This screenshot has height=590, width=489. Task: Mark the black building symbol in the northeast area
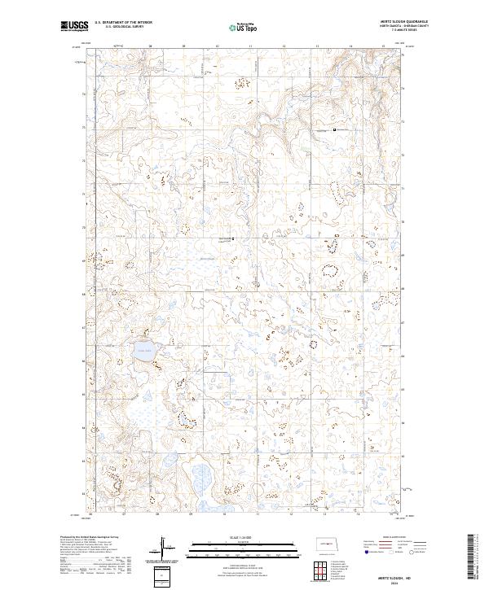[x=335, y=129]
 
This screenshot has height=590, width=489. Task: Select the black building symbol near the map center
[x=233, y=239]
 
